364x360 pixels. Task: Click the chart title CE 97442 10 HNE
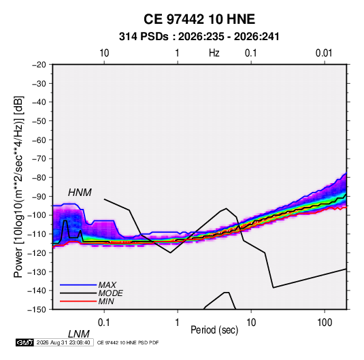(x=199, y=19)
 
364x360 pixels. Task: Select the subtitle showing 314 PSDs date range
(x=199, y=37)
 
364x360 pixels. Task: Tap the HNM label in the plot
(x=80, y=193)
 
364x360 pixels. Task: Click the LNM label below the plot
(x=79, y=334)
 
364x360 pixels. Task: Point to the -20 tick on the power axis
(x=39, y=65)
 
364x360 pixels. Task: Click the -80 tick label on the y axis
(x=39, y=178)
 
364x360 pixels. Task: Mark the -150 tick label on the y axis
(x=37, y=310)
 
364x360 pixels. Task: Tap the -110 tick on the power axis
(x=37, y=234)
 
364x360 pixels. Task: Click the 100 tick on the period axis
(x=325, y=323)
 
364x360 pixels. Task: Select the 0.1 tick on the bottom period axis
(x=104, y=323)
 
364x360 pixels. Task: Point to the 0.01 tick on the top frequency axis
(x=324, y=53)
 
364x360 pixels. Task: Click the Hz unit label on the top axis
(x=214, y=53)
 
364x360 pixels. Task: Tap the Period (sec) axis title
(x=214, y=330)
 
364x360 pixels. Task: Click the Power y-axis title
(x=18, y=187)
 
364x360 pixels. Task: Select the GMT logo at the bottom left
(x=24, y=342)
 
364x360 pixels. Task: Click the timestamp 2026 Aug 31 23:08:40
(x=63, y=342)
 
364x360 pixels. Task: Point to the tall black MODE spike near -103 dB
(x=65, y=221)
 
